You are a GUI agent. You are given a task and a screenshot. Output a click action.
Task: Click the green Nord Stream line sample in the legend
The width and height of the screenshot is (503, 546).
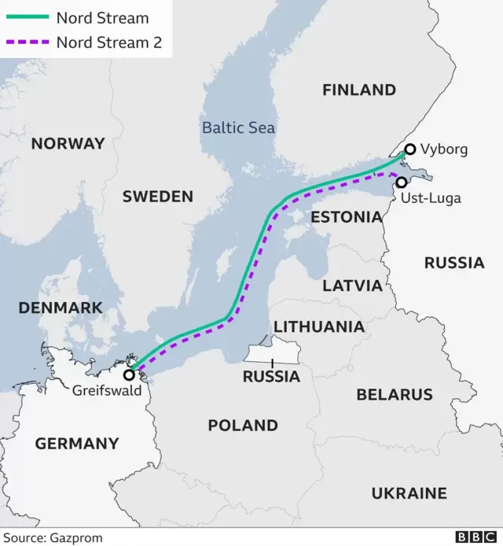pyautogui.click(x=28, y=18)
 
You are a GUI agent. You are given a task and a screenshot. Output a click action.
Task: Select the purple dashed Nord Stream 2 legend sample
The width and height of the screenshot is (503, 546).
pyautogui.click(x=28, y=42)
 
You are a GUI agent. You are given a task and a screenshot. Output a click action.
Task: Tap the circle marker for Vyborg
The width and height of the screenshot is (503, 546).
pyautogui.click(x=409, y=149)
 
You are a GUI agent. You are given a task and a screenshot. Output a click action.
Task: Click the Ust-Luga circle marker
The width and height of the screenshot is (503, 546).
pyautogui.click(x=402, y=182)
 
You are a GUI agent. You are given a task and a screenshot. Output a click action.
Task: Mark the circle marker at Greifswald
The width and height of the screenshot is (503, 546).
pyautogui.click(x=129, y=374)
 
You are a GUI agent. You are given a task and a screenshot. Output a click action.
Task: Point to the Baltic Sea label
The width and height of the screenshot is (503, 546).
pyautogui.click(x=238, y=127)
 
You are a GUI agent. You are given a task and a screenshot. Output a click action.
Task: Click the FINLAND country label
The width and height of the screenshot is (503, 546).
pyautogui.click(x=358, y=90)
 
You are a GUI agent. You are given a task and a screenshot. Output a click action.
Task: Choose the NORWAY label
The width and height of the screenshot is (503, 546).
pyautogui.click(x=68, y=143)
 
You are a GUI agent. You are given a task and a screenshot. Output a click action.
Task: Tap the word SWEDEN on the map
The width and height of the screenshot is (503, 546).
pyautogui.click(x=157, y=197)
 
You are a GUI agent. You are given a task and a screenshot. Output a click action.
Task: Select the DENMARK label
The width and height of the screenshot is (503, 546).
pyautogui.click(x=61, y=308)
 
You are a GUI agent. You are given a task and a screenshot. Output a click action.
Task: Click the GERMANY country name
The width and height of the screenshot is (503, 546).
pyautogui.click(x=77, y=444)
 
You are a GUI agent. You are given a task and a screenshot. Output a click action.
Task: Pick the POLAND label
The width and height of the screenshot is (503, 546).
pyautogui.click(x=243, y=426)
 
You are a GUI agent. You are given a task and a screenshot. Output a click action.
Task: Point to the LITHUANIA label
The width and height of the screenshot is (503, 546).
pyautogui.click(x=318, y=326)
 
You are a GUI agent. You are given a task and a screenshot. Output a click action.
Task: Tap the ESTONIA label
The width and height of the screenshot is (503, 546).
pyautogui.click(x=347, y=216)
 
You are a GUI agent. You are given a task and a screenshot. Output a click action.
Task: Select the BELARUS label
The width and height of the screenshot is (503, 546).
pyautogui.click(x=395, y=394)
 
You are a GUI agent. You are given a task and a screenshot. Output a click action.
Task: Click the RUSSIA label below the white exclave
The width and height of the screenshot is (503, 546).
pyautogui.click(x=271, y=377)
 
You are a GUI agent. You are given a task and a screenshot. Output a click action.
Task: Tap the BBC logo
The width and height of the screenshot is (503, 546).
pyautogui.click(x=474, y=537)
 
